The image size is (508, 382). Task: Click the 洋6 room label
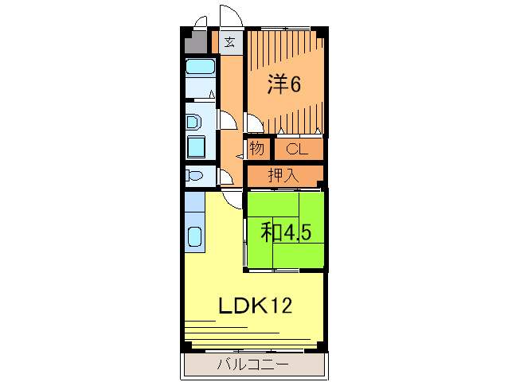[283, 84]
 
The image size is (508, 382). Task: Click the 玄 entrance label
[229, 42]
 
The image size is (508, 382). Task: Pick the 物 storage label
[257, 149]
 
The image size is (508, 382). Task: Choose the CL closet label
[298, 149]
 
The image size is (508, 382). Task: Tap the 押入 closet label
[283, 175]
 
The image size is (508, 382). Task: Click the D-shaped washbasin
[193, 123]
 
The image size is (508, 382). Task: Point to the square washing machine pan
[196, 147]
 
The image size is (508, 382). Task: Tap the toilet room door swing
[226, 177]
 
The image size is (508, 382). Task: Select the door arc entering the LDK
[233, 200]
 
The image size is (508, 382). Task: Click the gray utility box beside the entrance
[195, 43]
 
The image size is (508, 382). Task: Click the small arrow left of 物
[240, 154]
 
